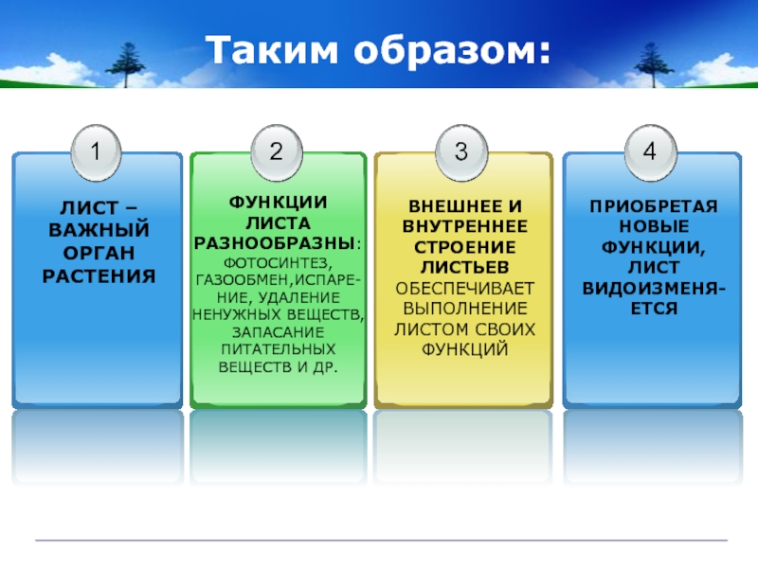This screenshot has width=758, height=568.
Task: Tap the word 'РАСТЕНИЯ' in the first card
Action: tap(98, 276)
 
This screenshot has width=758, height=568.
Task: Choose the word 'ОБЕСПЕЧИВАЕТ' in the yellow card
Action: tap(464, 288)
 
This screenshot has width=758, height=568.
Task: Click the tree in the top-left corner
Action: tap(123, 62)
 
